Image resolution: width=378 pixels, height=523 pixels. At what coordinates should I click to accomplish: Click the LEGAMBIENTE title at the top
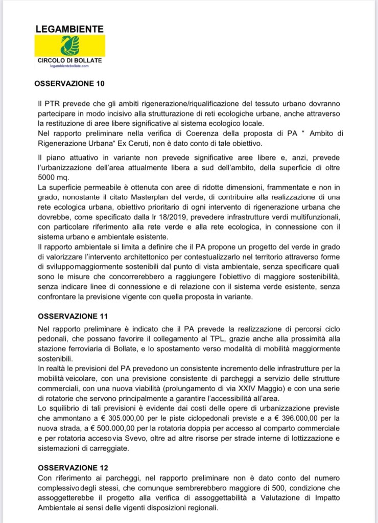(69, 29)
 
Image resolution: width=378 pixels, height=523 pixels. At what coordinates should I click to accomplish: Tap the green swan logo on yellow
(69, 46)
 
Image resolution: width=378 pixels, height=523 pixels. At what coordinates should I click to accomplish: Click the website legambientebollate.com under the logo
(69, 66)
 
